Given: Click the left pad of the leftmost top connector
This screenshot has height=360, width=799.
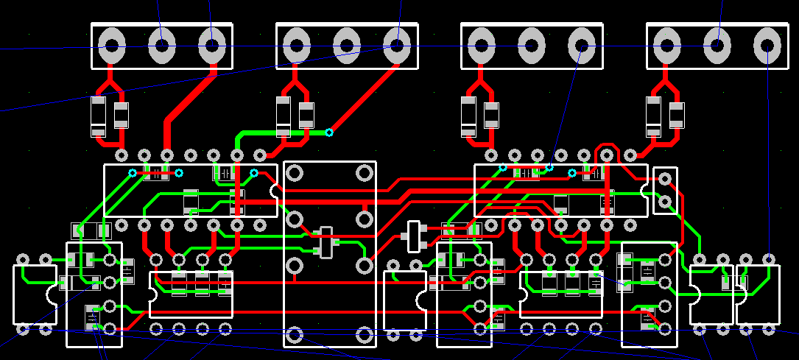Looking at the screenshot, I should (111, 46).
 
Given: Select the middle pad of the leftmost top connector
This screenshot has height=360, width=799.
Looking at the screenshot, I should (161, 46).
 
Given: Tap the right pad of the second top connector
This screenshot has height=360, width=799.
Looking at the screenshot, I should (396, 46).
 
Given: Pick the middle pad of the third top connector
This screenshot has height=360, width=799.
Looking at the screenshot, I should (532, 46).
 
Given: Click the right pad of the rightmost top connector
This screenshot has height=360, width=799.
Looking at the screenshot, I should (767, 46).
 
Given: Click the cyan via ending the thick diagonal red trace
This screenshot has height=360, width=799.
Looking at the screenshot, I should (329, 133).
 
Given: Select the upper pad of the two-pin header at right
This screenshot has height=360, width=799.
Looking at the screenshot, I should (666, 178).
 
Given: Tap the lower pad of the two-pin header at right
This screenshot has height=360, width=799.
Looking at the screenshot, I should (666, 201).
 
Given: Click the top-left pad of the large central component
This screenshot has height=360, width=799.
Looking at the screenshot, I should (295, 173).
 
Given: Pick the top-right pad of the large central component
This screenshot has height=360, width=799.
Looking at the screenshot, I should (364, 173).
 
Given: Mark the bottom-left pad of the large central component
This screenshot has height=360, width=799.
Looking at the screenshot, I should (295, 336).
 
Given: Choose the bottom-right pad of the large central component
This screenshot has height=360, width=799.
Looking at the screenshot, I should (364, 336).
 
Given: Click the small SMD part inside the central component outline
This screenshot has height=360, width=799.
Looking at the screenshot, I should (325, 242).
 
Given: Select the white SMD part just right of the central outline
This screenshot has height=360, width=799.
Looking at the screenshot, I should (414, 236).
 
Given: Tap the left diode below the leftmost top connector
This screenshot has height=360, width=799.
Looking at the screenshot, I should (98, 116).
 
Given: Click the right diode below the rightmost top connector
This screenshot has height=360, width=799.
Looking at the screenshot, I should (677, 116).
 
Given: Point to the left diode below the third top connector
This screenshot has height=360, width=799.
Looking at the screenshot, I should (468, 116).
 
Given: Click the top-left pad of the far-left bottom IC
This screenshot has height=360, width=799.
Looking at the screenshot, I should (23, 259).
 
